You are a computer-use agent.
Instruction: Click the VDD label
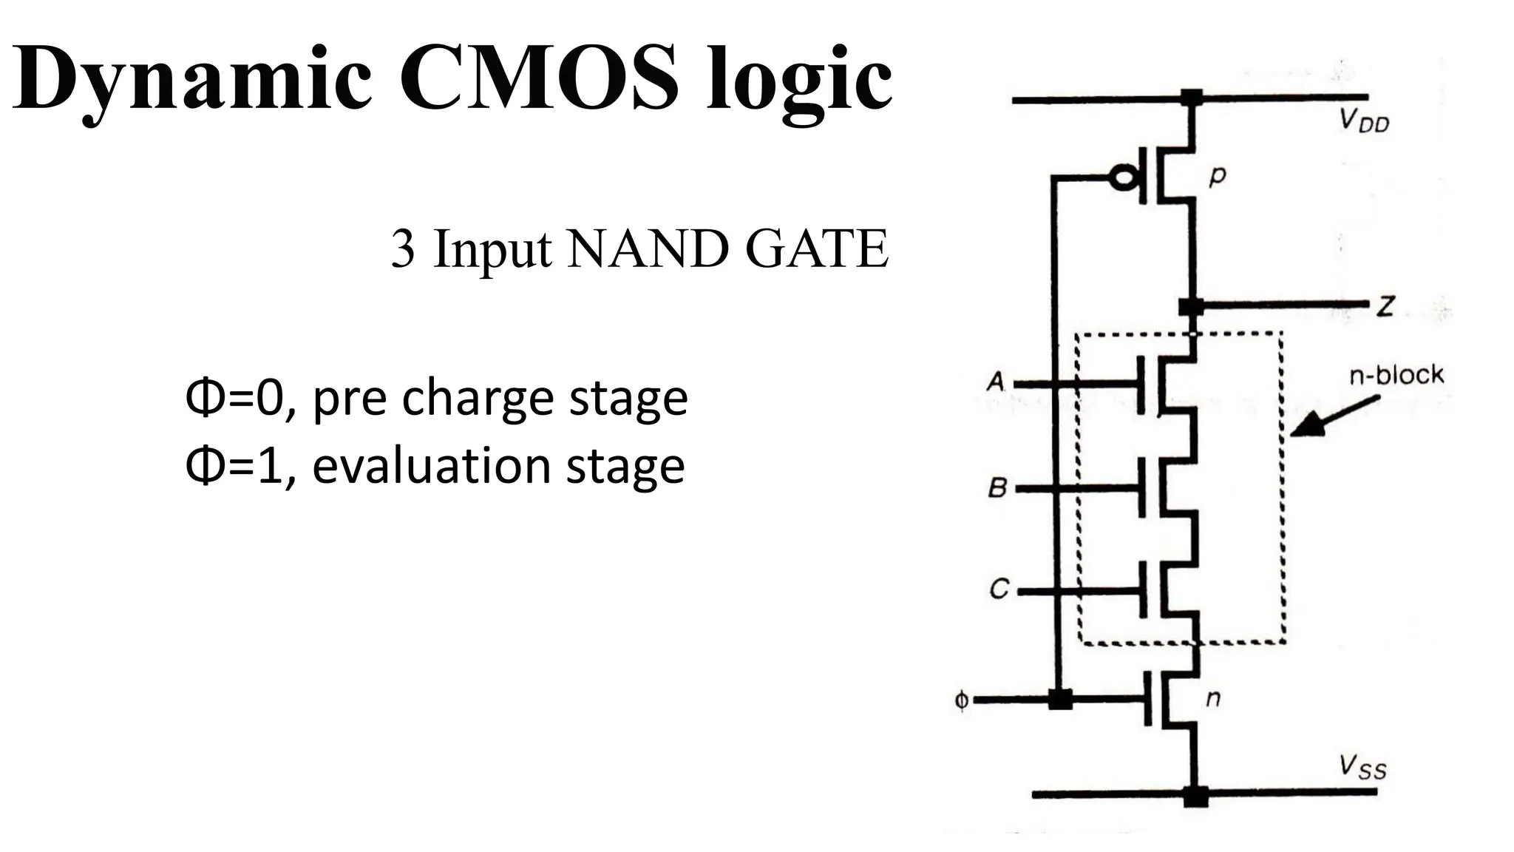(x=1365, y=121)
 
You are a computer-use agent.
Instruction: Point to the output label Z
(x=1385, y=305)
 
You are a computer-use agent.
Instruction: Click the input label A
(x=997, y=382)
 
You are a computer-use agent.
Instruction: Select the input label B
(x=997, y=487)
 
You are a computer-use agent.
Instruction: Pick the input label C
(x=999, y=589)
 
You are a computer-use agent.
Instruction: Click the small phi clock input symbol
(x=961, y=700)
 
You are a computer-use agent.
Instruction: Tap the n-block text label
(x=1396, y=375)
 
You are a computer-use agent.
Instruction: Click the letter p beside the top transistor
(x=1217, y=176)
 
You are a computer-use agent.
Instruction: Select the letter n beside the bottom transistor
(x=1213, y=697)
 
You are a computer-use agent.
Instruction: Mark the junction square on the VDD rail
(x=1191, y=97)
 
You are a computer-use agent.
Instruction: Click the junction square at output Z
(x=1190, y=305)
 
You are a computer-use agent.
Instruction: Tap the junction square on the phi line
(x=1060, y=699)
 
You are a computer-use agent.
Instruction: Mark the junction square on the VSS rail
(x=1195, y=796)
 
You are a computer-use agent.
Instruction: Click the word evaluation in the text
(x=432, y=466)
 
